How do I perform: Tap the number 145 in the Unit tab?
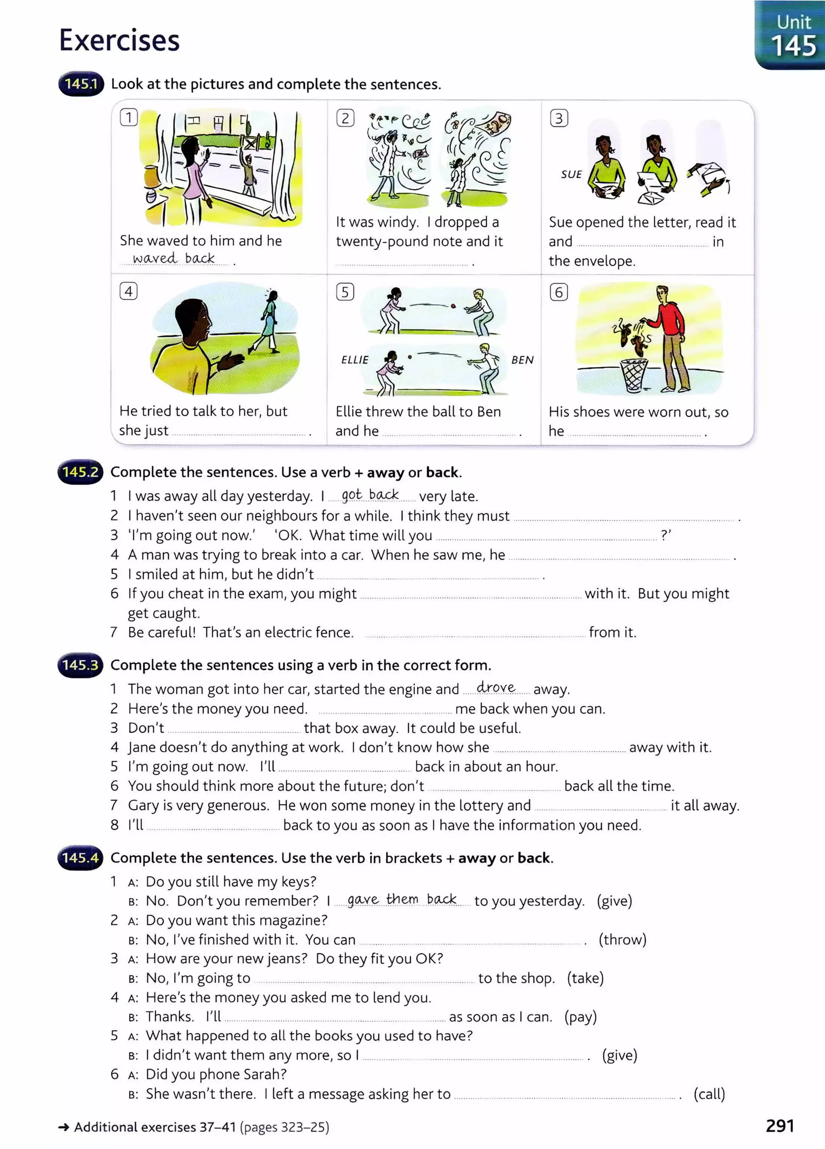pyautogui.click(x=794, y=47)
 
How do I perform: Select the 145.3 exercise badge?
pyautogui.click(x=80, y=665)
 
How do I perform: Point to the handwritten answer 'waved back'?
pyautogui.click(x=174, y=258)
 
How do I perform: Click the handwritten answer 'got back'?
pyautogui.click(x=370, y=494)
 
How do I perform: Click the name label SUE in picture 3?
pyautogui.click(x=571, y=174)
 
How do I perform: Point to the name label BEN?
pyautogui.click(x=522, y=360)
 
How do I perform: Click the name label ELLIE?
pyautogui.click(x=354, y=360)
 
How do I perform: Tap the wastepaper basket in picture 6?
pyautogui.click(x=634, y=375)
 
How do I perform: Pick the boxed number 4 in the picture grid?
pyautogui.click(x=129, y=291)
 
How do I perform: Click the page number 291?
pyautogui.click(x=779, y=1125)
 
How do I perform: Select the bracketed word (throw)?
pyautogui.click(x=622, y=939)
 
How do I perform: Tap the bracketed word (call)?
pyautogui.click(x=709, y=1094)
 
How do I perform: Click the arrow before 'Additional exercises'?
pyautogui.click(x=64, y=1127)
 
